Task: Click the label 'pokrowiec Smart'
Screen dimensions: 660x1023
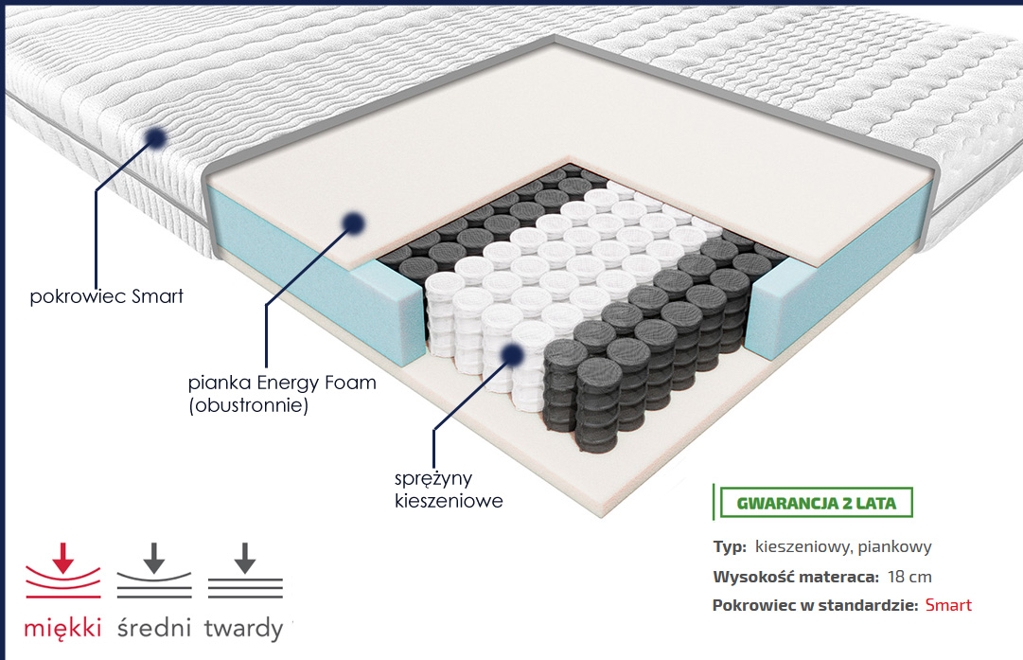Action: (x=107, y=296)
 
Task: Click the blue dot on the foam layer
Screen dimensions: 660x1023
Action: (x=354, y=222)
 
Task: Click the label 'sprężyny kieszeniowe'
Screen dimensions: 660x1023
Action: (x=449, y=489)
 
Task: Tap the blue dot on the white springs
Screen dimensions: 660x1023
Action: (x=512, y=353)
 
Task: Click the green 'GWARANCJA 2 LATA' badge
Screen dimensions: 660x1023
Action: (x=816, y=502)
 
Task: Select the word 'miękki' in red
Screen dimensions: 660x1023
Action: (x=62, y=628)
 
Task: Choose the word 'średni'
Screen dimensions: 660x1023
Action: (x=154, y=628)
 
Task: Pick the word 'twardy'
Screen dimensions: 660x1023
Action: (x=243, y=628)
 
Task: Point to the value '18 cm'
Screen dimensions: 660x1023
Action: (x=912, y=577)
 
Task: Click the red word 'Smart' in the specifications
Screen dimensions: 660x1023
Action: (x=948, y=606)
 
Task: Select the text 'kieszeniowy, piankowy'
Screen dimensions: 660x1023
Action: (x=844, y=547)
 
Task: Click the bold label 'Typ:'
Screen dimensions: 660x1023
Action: (x=730, y=547)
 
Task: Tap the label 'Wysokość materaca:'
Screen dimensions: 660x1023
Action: (x=795, y=577)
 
